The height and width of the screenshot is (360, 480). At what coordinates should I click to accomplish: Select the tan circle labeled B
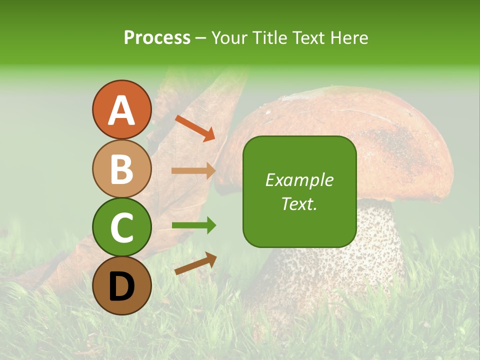pyautogui.click(x=121, y=168)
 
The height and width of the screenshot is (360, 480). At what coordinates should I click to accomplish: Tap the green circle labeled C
pyautogui.click(x=121, y=227)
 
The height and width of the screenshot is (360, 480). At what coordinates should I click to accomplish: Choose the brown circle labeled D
pyautogui.click(x=121, y=285)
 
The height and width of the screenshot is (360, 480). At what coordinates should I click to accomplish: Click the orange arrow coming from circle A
pyautogui.click(x=195, y=128)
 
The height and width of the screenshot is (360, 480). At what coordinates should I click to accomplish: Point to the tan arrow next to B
pyautogui.click(x=193, y=171)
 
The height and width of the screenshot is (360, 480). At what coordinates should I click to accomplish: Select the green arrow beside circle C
pyautogui.click(x=193, y=226)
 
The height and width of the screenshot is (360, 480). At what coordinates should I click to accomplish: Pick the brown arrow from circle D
pyautogui.click(x=195, y=263)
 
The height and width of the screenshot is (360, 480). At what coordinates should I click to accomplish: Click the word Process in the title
pyautogui.click(x=157, y=38)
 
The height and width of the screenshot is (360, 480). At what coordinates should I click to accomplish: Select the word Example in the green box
pyautogui.click(x=299, y=180)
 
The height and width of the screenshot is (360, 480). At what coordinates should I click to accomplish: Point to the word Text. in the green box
pyautogui.click(x=299, y=204)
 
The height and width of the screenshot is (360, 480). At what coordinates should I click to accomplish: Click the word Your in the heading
pyautogui.click(x=229, y=38)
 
